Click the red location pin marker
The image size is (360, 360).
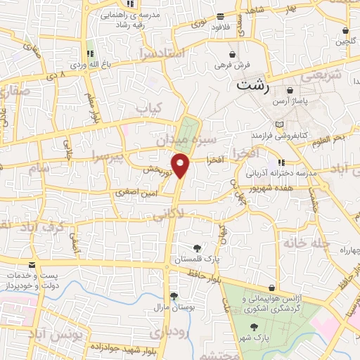pyautogui.click(x=181, y=166)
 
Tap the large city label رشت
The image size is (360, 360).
pyautogui.click(x=253, y=87)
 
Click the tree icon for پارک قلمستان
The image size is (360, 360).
pyautogui.click(x=197, y=248)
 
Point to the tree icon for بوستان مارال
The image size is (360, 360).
pyautogui.click(x=173, y=295)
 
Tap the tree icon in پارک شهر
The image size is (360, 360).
pyautogui.click(x=254, y=327)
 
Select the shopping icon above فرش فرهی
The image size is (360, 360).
pyautogui.click(x=231, y=53)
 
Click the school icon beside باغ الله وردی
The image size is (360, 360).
pyautogui.click(x=89, y=53)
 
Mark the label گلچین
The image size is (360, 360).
pyautogui.click(x=345, y=41)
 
